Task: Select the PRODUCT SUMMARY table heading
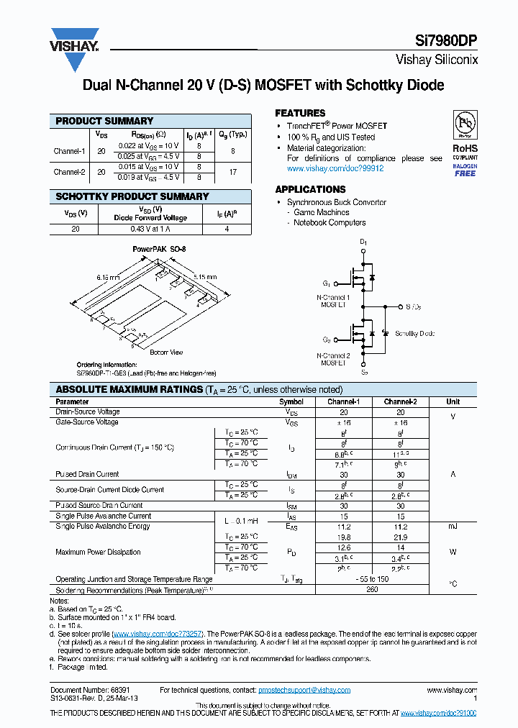click(x=104, y=121)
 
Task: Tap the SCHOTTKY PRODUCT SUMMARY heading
click(x=132, y=196)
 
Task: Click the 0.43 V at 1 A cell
click(x=149, y=229)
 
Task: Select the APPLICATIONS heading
click(x=310, y=189)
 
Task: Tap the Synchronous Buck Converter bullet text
click(x=337, y=203)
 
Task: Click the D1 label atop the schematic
click(x=363, y=242)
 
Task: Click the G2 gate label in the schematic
click(x=327, y=340)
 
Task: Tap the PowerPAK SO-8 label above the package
click(x=159, y=249)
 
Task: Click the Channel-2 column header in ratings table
click(x=400, y=401)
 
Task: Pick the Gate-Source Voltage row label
click(x=88, y=422)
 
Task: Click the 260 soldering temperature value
click(x=372, y=589)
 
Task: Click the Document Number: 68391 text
click(x=86, y=690)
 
